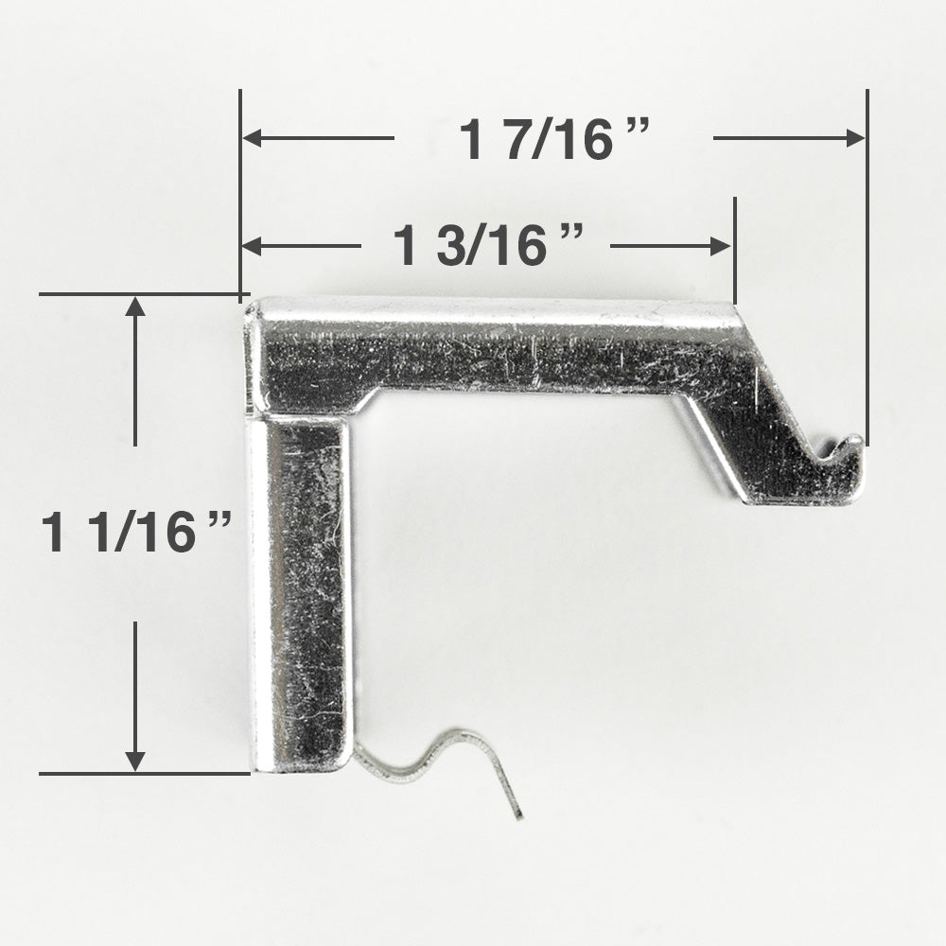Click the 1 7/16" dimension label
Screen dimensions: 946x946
point(553,139)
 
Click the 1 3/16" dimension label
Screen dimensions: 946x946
point(488,245)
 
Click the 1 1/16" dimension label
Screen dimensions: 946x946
point(136,532)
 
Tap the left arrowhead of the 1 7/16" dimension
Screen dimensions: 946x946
point(253,138)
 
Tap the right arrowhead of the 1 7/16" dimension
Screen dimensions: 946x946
point(855,138)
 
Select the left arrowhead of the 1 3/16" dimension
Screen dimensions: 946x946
point(253,246)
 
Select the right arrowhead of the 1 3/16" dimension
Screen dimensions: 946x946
point(721,246)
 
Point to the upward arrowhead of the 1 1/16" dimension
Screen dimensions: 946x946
point(135,307)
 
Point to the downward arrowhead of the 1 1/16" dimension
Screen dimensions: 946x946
point(135,762)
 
